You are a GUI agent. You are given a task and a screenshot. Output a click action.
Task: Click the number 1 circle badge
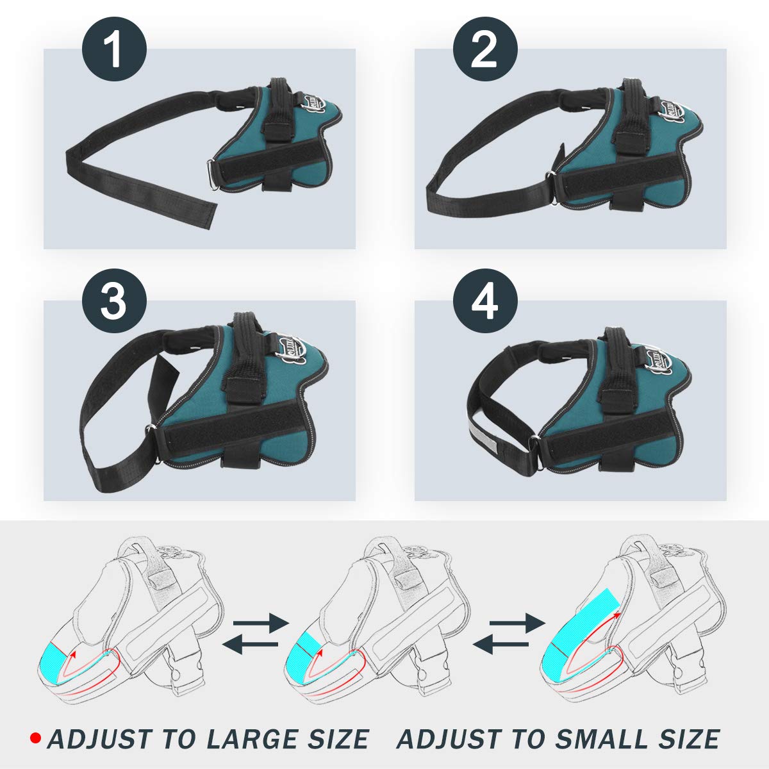point(114,51)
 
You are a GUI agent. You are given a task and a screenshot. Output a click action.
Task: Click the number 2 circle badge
point(485,51)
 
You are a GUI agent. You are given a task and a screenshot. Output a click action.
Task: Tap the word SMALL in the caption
point(600,740)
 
